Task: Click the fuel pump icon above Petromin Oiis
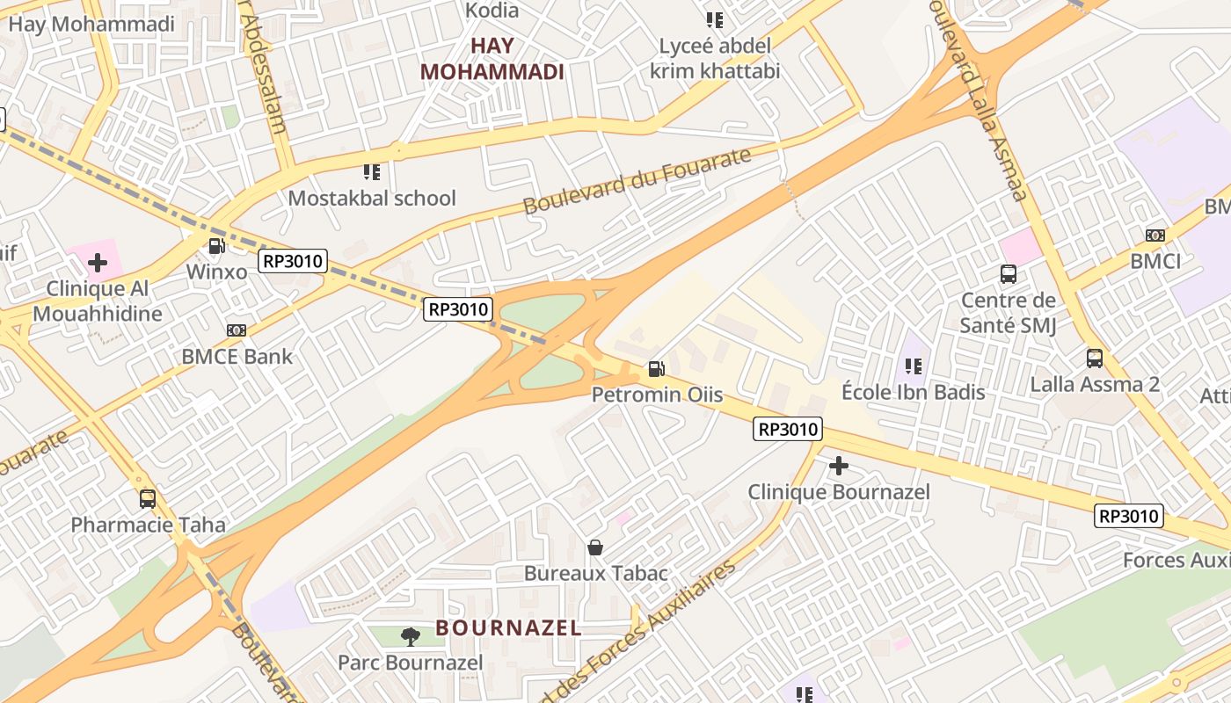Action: (656, 369)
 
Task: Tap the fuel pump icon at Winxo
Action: (216, 247)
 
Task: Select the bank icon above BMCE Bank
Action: (236, 330)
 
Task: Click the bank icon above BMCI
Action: (1155, 236)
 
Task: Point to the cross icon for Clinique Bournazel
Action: (839, 466)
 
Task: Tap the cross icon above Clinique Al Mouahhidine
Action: (98, 263)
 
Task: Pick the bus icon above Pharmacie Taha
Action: (148, 499)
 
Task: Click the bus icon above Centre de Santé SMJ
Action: (1009, 274)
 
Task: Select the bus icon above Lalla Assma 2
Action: (1095, 359)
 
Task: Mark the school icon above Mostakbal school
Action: (372, 172)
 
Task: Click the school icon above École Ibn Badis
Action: (913, 366)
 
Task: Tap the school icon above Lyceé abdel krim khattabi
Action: (715, 19)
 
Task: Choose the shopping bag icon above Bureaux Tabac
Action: (595, 547)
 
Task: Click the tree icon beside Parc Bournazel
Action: (410, 636)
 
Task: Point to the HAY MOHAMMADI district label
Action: (492, 59)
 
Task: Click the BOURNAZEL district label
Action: (509, 628)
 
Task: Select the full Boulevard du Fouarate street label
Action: (637, 181)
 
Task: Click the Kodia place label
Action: (492, 11)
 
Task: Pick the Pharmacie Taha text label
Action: (148, 525)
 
